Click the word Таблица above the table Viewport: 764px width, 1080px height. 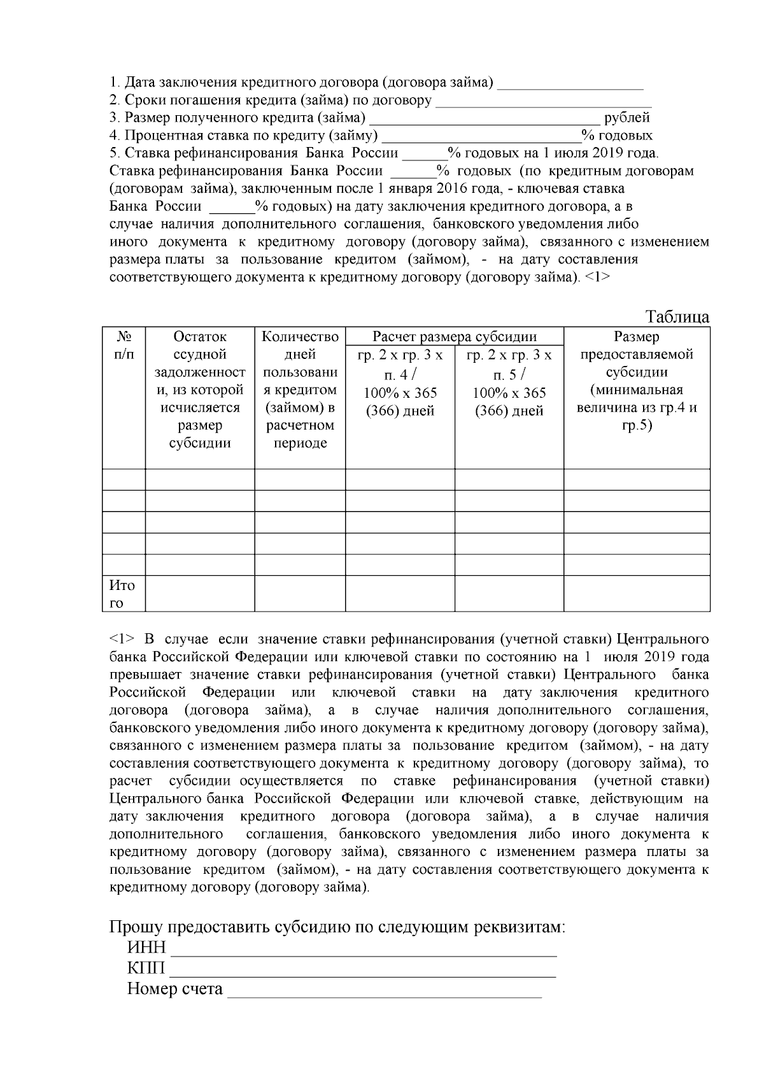677,317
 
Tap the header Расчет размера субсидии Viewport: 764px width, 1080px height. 454,337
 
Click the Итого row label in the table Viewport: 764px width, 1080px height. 122,594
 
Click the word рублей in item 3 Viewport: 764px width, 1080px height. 627,118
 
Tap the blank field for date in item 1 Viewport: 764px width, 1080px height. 570,85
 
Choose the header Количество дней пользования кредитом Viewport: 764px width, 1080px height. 300,389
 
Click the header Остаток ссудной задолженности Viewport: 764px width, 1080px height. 200,389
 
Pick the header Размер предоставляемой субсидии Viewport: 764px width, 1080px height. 637,381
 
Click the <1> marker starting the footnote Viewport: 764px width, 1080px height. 122,639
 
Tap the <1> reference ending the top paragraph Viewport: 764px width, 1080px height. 597,277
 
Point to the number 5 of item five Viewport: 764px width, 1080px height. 113,153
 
